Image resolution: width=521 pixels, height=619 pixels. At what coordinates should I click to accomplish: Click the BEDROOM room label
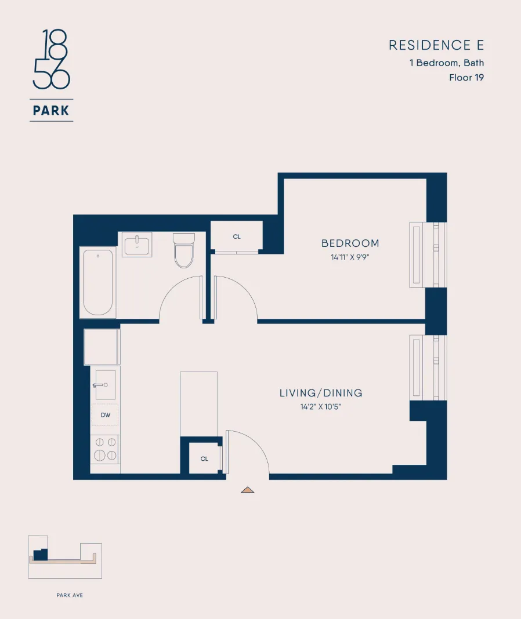(x=350, y=243)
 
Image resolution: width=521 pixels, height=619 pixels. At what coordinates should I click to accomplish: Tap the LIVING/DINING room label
(x=321, y=393)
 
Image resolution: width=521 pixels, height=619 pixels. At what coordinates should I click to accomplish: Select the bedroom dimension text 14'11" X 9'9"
(x=350, y=257)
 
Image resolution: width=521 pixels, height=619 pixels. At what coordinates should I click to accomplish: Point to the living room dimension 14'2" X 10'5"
(x=321, y=407)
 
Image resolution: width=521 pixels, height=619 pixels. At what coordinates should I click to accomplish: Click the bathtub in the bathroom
(x=97, y=282)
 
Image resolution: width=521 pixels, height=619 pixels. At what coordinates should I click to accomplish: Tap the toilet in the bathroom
(x=184, y=250)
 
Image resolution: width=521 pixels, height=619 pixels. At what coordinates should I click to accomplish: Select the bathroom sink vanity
(x=136, y=244)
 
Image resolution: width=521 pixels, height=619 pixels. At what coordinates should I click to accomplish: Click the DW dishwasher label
(x=105, y=415)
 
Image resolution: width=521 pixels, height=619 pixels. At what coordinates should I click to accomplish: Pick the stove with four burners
(x=105, y=449)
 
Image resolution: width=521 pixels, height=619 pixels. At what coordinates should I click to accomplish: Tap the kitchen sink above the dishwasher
(x=105, y=384)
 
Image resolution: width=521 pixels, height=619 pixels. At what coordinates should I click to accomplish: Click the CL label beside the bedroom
(x=237, y=236)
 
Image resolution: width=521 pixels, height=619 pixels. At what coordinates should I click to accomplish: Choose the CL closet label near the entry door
(x=204, y=459)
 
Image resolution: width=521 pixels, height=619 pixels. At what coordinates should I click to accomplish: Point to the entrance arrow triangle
(x=248, y=490)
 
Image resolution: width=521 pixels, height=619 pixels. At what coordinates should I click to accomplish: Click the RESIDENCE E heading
(x=436, y=45)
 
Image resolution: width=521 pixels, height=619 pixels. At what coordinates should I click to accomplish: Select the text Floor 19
(x=466, y=77)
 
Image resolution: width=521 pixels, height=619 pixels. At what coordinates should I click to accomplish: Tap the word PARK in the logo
(x=52, y=110)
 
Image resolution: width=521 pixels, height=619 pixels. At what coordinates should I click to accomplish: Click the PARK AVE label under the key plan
(x=70, y=595)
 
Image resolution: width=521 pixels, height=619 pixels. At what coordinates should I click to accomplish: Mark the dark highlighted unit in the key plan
(x=40, y=555)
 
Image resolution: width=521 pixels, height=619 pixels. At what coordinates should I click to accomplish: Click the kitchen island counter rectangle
(x=198, y=404)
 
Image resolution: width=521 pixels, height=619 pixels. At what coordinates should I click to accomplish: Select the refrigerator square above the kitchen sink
(x=102, y=347)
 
